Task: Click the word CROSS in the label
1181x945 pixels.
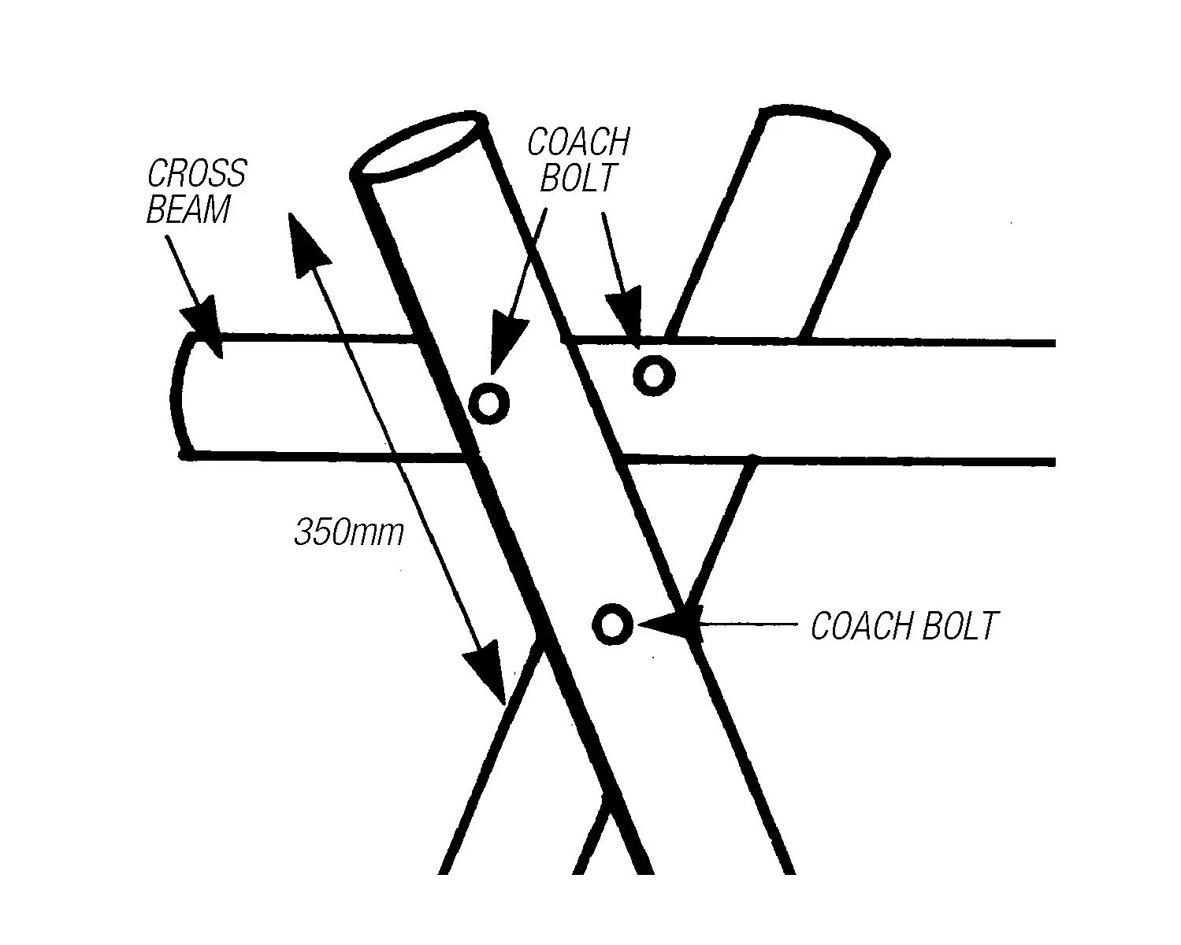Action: [197, 173]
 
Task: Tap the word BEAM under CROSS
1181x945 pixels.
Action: [189, 209]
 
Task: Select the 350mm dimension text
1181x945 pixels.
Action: [348, 532]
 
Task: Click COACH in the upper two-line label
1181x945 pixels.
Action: [578, 143]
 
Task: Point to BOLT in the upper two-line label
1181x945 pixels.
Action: [577, 179]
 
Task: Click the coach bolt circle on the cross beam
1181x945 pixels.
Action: [653, 376]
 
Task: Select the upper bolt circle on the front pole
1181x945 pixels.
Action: [488, 404]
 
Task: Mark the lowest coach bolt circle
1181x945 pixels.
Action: [612, 624]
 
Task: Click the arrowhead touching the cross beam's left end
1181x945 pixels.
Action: [203, 324]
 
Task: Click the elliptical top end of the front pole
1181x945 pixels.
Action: [418, 148]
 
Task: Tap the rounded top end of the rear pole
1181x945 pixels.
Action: [823, 126]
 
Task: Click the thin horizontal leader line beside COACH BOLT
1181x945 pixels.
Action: [748, 625]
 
